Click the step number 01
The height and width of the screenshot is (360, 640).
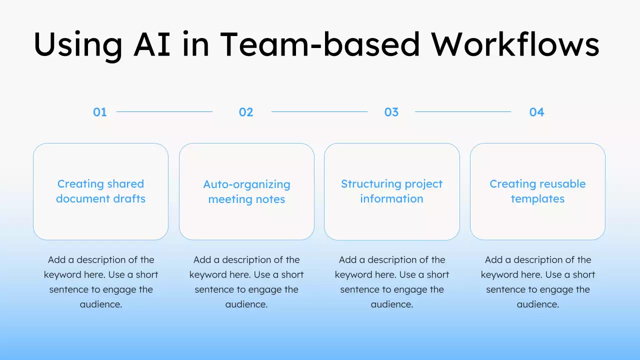point(100,112)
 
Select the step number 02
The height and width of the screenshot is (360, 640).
point(246,112)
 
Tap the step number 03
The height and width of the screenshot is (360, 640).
point(391,112)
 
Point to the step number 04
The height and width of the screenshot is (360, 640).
point(536,112)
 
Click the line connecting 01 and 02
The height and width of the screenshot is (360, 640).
point(164,111)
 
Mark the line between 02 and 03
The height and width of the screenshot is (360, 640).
point(319,111)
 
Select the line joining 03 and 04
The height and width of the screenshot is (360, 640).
point(463,111)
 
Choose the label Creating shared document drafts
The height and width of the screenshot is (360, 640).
point(100,191)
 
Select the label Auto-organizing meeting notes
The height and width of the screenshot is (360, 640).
point(246,191)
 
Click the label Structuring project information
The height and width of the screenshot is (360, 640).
point(391,191)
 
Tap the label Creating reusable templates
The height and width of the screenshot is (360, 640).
point(537,191)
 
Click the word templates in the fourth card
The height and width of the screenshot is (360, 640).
point(537,199)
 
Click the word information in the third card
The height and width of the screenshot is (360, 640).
point(391,199)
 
